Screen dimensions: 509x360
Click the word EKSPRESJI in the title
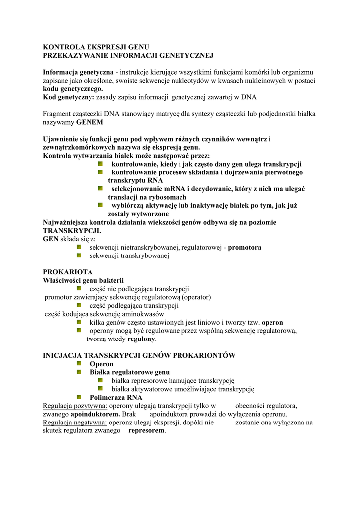[102, 46]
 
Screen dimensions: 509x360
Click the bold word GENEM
[90, 122]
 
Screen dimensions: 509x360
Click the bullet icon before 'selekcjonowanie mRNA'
[100, 189]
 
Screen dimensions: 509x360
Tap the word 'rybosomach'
[169, 197]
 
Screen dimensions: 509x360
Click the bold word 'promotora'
[245, 248]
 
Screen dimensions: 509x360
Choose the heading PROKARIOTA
[68, 272]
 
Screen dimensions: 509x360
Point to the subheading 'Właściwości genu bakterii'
[83, 281]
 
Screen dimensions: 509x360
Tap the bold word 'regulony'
[141, 339]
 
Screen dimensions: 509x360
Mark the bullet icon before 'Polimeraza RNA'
[79, 397]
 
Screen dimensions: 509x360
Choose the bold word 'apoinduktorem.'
[95, 414]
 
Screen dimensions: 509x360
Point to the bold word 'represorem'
[146, 431]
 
